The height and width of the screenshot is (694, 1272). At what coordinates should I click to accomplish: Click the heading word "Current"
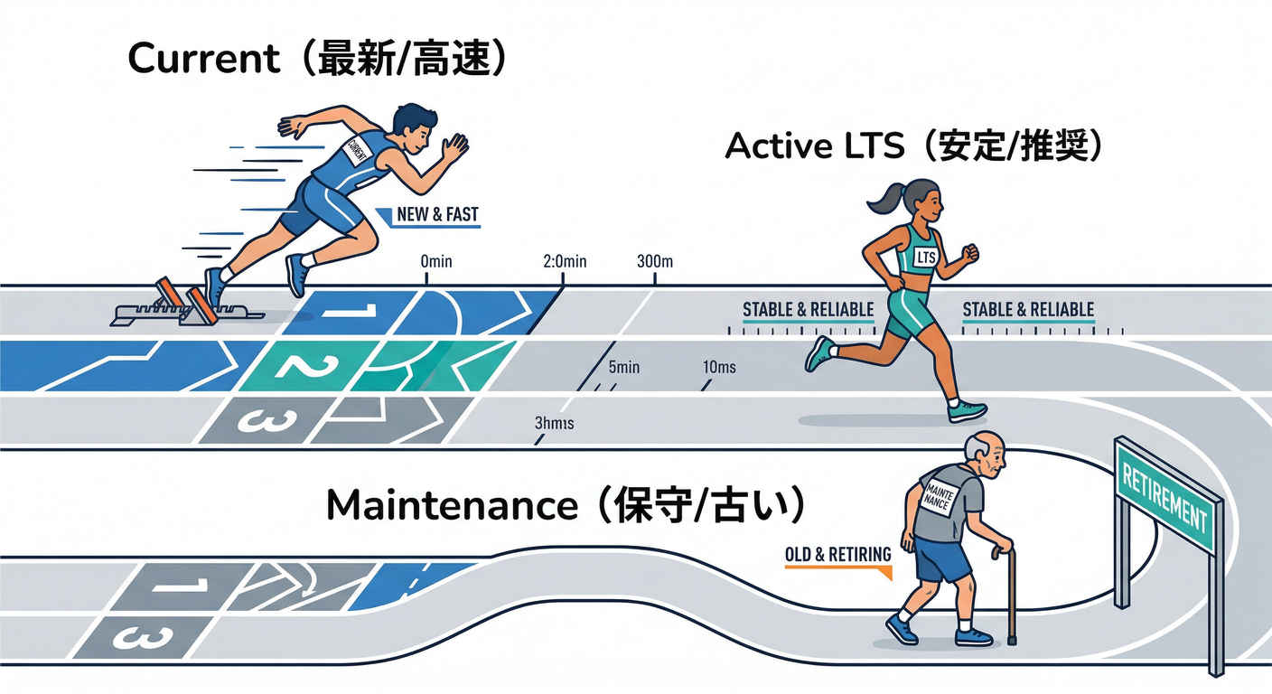click(204, 59)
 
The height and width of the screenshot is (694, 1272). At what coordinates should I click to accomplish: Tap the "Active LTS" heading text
click(814, 145)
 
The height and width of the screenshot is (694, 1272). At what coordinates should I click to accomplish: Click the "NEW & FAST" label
click(437, 216)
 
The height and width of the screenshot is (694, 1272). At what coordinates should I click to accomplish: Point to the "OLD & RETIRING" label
click(837, 554)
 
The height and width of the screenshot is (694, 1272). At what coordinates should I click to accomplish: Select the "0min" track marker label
click(436, 262)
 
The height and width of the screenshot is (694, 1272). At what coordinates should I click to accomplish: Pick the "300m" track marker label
click(655, 262)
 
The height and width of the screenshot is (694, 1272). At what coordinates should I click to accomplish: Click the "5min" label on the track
click(624, 368)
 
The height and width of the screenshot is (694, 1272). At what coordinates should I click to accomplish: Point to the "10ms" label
click(718, 368)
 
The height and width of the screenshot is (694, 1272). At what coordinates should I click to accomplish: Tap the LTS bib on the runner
click(926, 258)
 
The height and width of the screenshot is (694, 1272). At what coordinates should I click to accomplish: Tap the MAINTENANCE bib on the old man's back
click(936, 496)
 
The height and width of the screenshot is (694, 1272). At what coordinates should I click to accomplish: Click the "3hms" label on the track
click(555, 423)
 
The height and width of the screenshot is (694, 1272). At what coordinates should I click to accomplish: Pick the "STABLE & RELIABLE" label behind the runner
click(808, 310)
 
